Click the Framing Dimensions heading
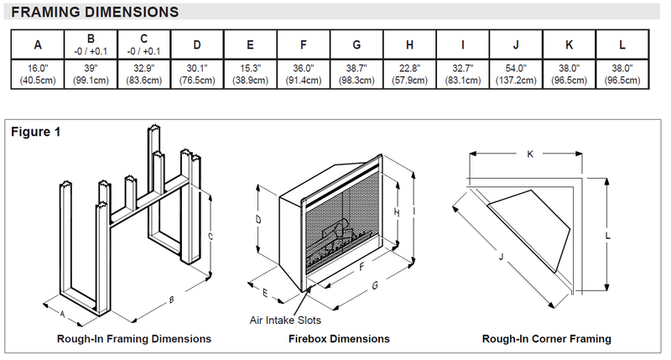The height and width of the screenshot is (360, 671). click(x=94, y=13)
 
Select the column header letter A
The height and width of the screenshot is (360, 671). click(x=38, y=44)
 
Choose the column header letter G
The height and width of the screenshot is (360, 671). click(x=356, y=44)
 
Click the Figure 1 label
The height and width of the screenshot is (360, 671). click(x=35, y=132)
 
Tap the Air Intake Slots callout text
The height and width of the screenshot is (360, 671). click(x=285, y=320)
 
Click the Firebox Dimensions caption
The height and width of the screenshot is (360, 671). click(x=339, y=339)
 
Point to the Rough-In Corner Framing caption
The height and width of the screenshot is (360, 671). click(x=546, y=339)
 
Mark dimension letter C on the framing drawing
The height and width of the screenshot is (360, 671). click(x=210, y=237)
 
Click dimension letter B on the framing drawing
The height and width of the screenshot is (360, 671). click(x=172, y=300)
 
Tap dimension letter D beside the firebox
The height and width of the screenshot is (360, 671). click(x=259, y=219)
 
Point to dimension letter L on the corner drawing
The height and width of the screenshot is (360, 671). click(x=606, y=236)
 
